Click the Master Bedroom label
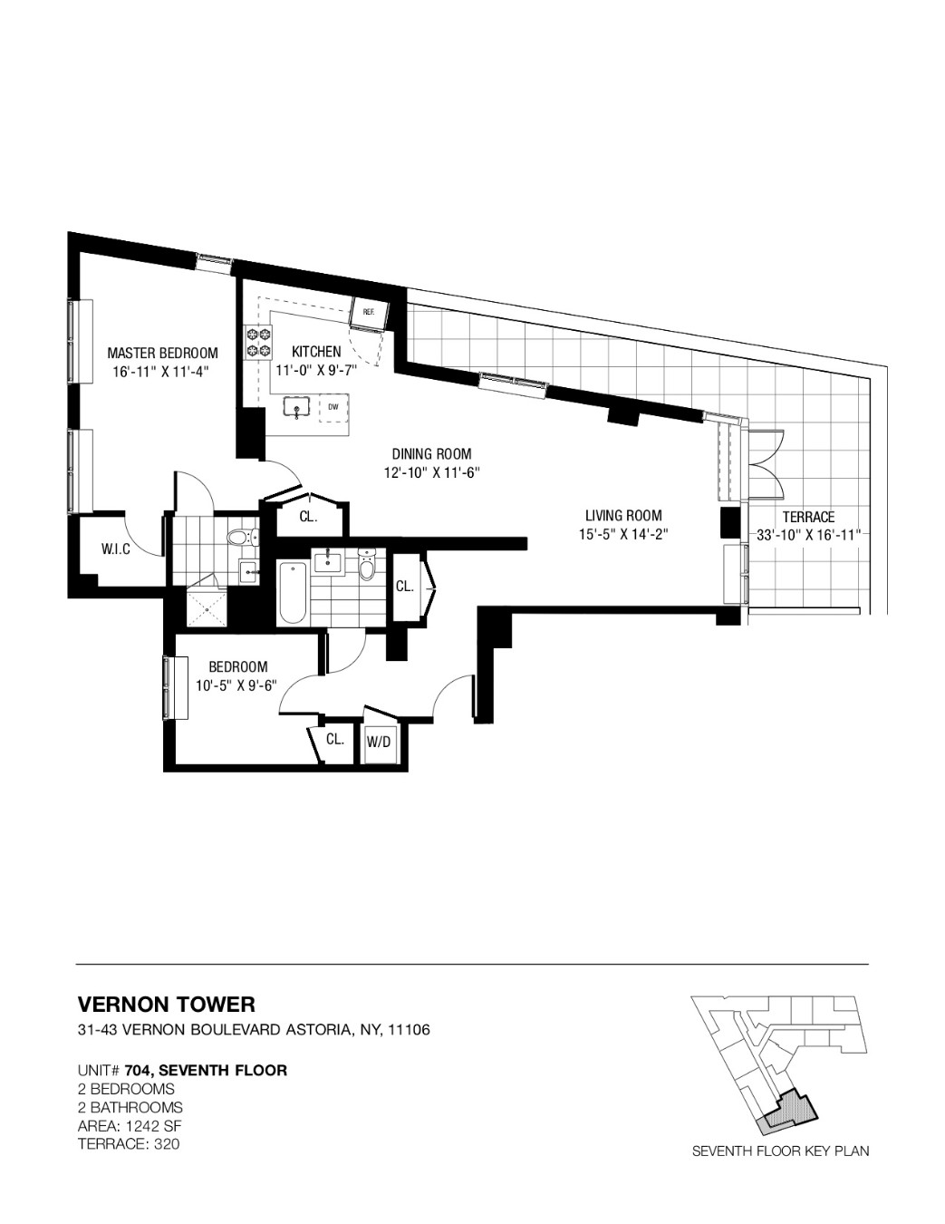162,354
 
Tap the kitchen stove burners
258,343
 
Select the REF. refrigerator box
370,312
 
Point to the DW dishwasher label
333,407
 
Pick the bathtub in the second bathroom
292,590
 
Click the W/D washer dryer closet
379,742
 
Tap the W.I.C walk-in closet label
116,549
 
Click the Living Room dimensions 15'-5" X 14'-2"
623,533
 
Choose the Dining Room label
431,453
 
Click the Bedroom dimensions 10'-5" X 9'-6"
238,685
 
